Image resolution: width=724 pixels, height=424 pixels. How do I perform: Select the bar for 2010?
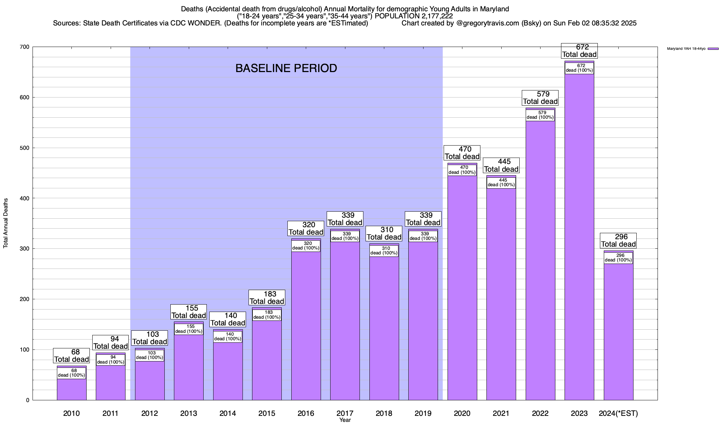71,389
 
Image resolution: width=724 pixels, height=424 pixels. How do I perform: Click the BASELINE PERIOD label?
286,68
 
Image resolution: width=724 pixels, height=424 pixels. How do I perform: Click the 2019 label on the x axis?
423,413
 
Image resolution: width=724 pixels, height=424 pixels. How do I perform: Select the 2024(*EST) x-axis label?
618,413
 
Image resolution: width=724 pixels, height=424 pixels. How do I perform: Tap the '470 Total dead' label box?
462,153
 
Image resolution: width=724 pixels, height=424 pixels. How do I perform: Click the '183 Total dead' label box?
267,298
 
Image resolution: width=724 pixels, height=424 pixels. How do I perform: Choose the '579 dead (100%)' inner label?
540,115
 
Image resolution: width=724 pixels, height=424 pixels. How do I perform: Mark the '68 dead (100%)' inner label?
71,373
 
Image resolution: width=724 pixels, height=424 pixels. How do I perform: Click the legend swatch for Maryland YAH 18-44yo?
713,49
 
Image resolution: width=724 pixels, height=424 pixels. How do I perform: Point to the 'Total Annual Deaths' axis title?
6,223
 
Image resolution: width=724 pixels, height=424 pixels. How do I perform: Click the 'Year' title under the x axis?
345,420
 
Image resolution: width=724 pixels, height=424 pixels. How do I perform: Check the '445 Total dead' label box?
501,165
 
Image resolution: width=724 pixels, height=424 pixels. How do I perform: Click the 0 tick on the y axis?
28,400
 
